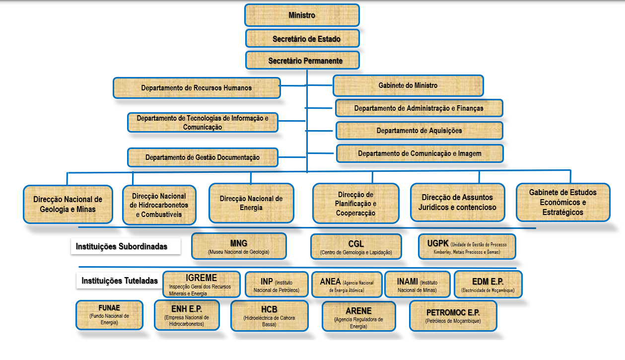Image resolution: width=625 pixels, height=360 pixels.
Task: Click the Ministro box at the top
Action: click(x=302, y=15)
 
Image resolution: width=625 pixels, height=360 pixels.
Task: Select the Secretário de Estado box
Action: click(x=302, y=39)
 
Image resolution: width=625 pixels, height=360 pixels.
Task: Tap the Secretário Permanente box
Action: click(x=302, y=61)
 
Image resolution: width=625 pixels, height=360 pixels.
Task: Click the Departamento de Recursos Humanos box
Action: click(x=197, y=88)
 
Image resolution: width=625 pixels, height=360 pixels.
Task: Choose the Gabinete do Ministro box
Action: click(x=408, y=85)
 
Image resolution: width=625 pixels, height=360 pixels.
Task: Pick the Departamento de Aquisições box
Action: click(x=419, y=131)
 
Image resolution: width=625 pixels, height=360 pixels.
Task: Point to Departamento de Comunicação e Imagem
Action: click(x=419, y=153)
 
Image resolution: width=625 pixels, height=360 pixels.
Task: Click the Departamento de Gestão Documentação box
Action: click(x=203, y=157)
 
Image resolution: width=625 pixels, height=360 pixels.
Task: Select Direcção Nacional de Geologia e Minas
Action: click(x=68, y=204)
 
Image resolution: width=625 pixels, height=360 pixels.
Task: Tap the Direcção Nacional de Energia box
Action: click(x=251, y=203)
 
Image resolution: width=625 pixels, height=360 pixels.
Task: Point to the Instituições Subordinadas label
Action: click(x=122, y=246)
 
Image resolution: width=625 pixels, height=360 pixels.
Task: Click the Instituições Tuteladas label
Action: click(x=120, y=281)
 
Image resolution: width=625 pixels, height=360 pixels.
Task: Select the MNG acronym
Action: click(x=238, y=243)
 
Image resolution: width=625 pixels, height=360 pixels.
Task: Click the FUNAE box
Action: click(x=109, y=315)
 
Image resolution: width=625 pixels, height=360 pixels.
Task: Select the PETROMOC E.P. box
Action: click(x=453, y=316)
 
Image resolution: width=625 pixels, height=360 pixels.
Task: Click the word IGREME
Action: click(x=201, y=278)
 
